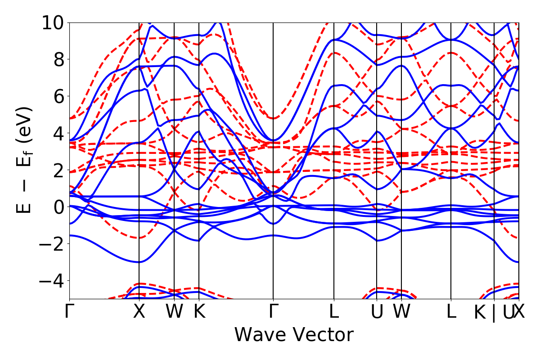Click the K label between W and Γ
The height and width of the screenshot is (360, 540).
point(199,311)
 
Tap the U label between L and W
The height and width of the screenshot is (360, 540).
point(377,311)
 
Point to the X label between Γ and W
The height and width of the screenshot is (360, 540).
point(139,311)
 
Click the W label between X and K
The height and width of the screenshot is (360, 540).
point(174,311)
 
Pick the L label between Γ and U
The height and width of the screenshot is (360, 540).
point(334,311)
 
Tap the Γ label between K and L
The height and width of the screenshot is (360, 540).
point(273,311)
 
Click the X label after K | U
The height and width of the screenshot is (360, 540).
point(520,311)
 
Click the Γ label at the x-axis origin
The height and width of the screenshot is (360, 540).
point(69,311)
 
